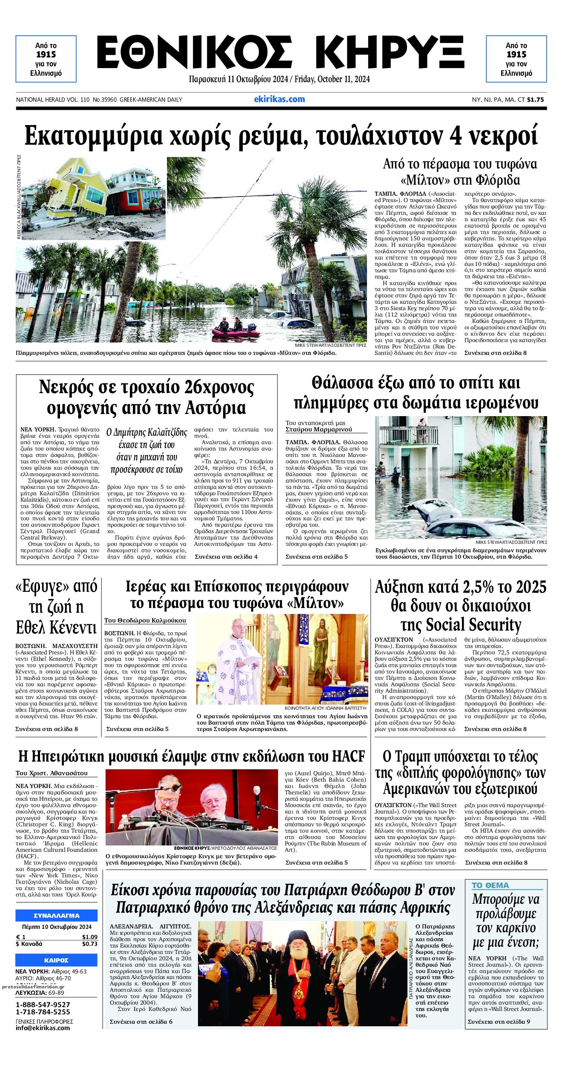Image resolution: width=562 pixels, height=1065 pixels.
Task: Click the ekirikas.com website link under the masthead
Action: tap(279, 99)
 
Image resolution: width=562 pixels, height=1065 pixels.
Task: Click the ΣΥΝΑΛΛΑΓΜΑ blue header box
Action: tap(56, 916)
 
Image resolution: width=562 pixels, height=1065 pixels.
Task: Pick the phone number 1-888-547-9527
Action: tap(43, 1005)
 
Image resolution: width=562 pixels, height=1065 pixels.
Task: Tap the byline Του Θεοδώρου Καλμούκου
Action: tap(145, 620)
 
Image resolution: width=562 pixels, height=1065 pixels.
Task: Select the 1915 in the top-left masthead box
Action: tap(46, 54)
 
